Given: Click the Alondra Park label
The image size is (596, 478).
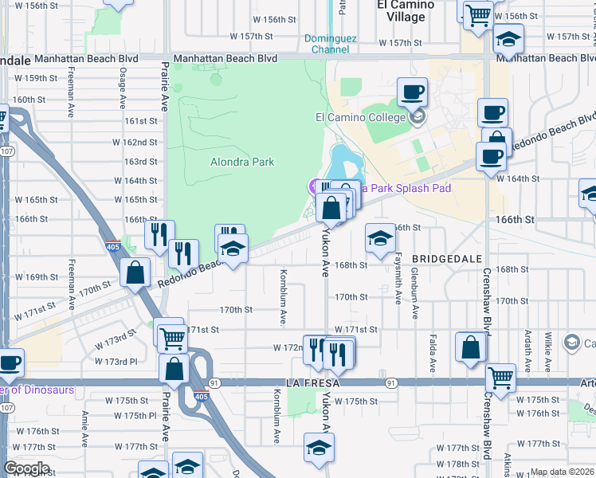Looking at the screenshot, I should [x=242, y=162].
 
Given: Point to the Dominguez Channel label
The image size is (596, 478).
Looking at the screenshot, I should [x=331, y=43].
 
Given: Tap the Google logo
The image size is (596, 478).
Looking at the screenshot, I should [x=26, y=468].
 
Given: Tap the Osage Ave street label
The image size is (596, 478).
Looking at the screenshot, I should [x=123, y=88].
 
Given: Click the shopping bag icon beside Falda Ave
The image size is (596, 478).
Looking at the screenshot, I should [x=471, y=347].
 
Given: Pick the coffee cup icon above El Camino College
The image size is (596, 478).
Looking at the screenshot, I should [x=412, y=92].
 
